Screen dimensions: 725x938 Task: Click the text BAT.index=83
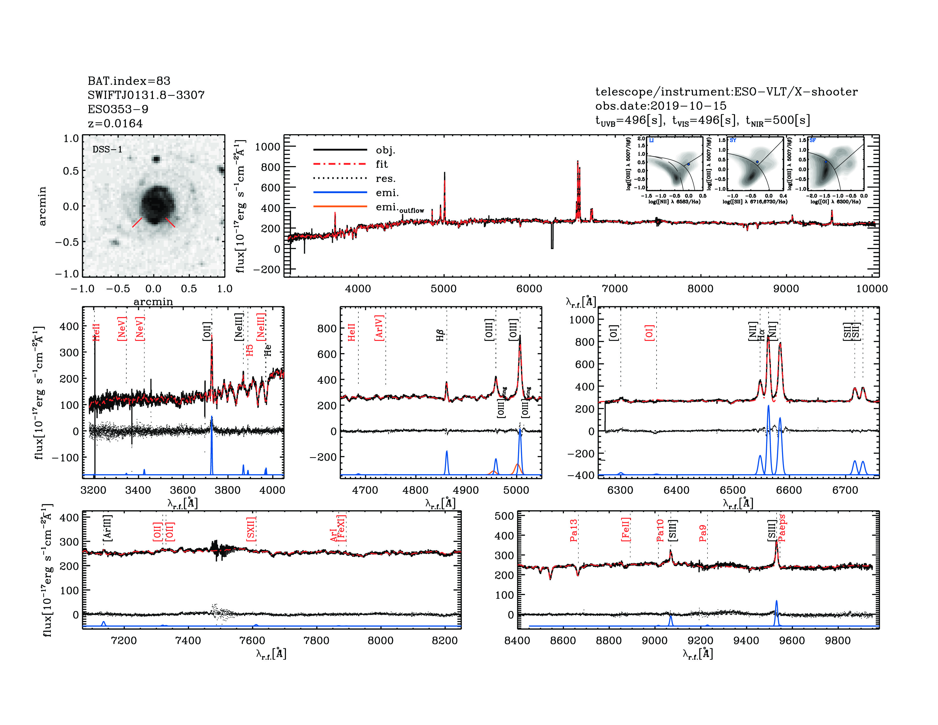pos(129,81)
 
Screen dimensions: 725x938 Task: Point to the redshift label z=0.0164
pos(115,123)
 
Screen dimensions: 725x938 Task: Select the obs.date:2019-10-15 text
pos(661,106)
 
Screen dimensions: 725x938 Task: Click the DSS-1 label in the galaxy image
pos(107,150)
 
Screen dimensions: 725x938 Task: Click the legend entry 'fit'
pos(381,164)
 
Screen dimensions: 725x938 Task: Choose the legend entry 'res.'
pos(385,178)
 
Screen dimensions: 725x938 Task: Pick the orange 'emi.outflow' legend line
pos(340,207)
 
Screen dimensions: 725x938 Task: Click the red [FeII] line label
pos(626,529)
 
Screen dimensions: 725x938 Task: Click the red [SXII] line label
pos(251,529)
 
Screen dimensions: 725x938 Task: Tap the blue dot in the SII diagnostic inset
pos(757,162)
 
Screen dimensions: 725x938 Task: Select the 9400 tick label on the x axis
pos(746,640)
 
